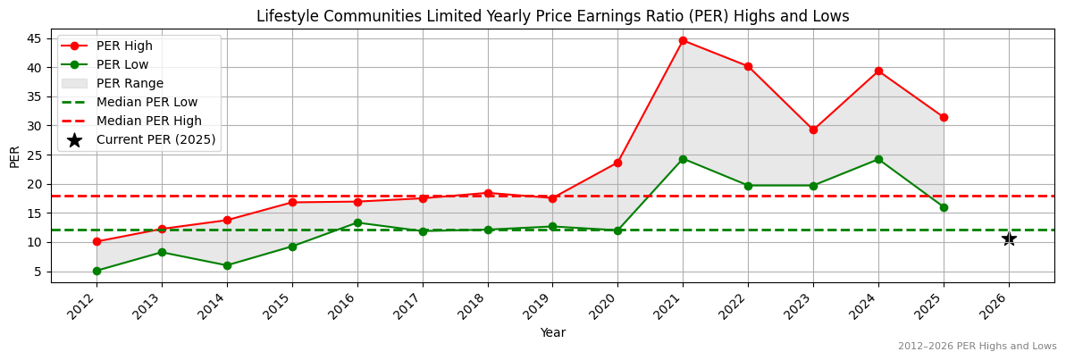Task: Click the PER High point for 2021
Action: [683, 40]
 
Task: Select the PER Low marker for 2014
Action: [227, 265]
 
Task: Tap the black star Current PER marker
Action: [1009, 239]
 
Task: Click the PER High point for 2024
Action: [878, 71]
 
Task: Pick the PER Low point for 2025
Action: [944, 207]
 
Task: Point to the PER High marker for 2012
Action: [97, 241]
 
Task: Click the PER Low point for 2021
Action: [683, 159]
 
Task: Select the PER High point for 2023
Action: [813, 130]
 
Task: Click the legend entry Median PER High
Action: [148, 121]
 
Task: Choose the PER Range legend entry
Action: [130, 83]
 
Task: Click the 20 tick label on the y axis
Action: [38, 184]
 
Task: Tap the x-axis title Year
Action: [552, 333]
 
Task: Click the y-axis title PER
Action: [14, 156]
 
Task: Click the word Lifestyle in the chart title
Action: [285, 16]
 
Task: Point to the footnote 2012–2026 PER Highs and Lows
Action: [977, 346]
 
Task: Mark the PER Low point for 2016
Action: [357, 222]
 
